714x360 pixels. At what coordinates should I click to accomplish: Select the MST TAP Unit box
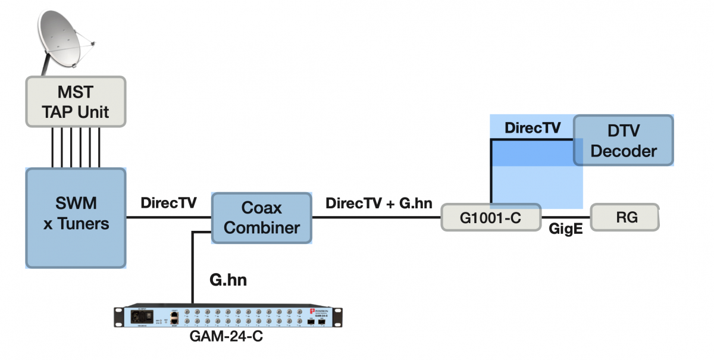pyautogui.click(x=76, y=101)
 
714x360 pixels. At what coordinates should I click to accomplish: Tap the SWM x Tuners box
pyautogui.click(x=76, y=217)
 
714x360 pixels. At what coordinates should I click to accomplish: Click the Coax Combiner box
pyautogui.click(x=262, y=217)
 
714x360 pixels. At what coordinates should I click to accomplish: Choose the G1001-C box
pyautogui.click(x=491, y=218)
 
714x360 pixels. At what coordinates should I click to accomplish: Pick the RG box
pyautogui.click(x=624, y=217)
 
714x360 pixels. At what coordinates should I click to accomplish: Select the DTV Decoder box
pyautogui.click(x=624, y=140)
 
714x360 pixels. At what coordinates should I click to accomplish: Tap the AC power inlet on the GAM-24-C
pyautogui.click(x=143, y=317)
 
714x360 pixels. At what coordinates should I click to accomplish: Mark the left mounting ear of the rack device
pyautogui.click(x=118, y=317)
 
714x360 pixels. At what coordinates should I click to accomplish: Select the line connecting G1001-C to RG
pyautogui.click(x=565, y=218)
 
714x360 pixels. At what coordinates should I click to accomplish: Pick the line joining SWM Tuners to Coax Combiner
pyautogui.click(x=169, y=218)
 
